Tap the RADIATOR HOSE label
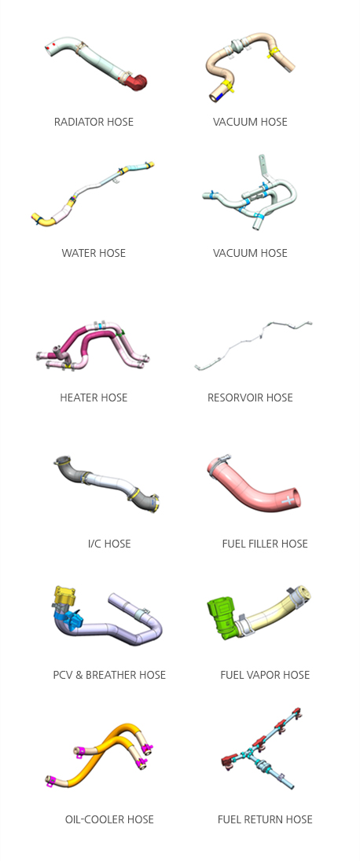[x=94, y=122]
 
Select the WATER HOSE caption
[x=94, y=253]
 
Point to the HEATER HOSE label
[x=94, y=398]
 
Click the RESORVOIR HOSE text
[x=250, y=398]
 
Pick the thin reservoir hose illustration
[x=253, y=344]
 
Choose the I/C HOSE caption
[x=109, y=544]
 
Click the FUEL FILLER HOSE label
[x=265, y=544]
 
